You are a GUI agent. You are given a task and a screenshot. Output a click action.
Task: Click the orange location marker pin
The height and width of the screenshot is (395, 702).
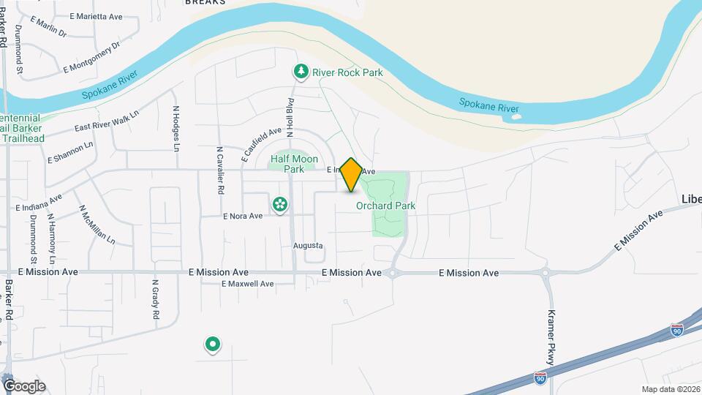click(x=351, y=175)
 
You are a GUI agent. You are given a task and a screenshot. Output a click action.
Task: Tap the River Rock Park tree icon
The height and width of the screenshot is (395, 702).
click(x=300, y=71)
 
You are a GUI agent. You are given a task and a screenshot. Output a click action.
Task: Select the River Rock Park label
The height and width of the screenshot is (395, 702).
click(x=347, y=72)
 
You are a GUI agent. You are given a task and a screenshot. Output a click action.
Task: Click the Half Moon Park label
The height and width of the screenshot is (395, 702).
click(x=287, y=163)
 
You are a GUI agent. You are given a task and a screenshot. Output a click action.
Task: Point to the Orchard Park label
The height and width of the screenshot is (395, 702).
click(x=385, y=206)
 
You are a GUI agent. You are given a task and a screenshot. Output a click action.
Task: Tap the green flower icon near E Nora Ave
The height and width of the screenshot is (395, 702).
click(x=279, y=203)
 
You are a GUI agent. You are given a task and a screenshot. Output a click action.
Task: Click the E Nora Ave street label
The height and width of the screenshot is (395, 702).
click(x=242, y=217)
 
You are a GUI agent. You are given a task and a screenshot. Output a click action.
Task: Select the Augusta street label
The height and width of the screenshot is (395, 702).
click(x=308, y=246)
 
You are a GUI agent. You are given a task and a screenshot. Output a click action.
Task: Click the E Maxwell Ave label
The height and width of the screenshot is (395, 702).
click(x=246, y=284)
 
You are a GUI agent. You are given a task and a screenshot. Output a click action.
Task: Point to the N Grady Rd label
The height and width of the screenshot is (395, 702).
click(x=155, y=299)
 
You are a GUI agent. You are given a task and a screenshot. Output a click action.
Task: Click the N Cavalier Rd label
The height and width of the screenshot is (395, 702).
click(x=219, y=170)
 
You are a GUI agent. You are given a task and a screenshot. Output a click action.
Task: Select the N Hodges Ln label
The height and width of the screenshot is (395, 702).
click(x=176, y=128)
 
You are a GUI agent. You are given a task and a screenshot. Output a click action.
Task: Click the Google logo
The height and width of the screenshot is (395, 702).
click(x=24, y=385)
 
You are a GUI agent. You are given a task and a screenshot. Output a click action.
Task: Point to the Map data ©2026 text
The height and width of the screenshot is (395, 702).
click(x=669, y=389)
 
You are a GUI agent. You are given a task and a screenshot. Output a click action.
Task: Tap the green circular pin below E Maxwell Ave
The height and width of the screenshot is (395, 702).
click(x=212, y=343)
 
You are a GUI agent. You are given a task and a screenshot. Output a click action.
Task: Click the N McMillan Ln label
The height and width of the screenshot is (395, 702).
click(x=97, y=224)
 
